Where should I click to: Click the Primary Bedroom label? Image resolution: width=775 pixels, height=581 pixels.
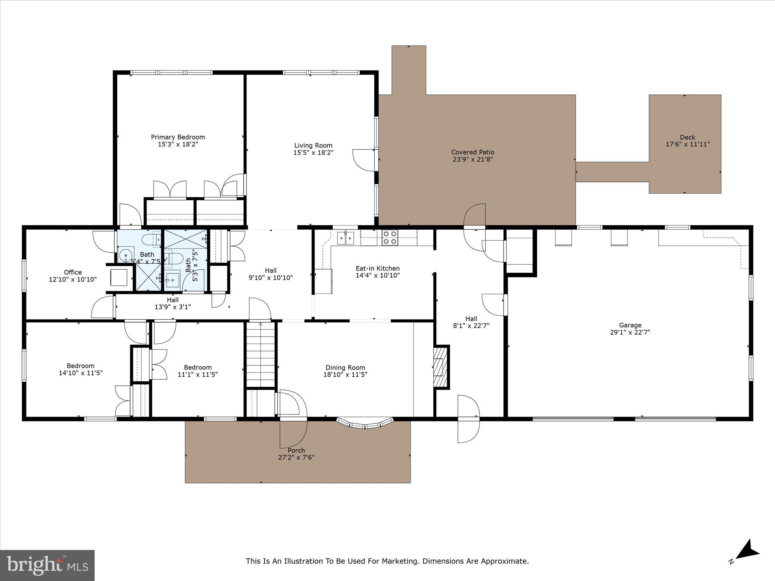coord(178,137)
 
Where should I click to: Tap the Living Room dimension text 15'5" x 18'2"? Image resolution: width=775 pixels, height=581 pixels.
coord(313,152)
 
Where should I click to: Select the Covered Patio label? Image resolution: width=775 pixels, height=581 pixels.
coord(473,152)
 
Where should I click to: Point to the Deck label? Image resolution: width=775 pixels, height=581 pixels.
coord(687,137)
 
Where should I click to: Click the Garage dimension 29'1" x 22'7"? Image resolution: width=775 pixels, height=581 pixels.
coord(630,332)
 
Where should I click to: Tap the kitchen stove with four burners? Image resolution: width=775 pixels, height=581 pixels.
coord(390,237)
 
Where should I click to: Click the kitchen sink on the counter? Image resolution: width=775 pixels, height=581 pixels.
coord(345,238)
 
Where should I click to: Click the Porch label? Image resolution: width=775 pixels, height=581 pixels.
coord(296,450)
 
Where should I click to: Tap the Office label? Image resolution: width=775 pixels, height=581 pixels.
coord(73,272)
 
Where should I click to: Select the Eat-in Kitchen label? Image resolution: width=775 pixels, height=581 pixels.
coord(377,268)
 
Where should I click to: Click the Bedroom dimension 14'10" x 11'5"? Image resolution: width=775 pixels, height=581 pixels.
coord(80,373)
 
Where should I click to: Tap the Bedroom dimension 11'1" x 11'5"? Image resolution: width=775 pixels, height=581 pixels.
coord(198,374)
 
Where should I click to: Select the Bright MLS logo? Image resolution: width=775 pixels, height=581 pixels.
coord(47,565)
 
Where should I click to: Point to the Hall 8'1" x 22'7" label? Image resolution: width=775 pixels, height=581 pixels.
coord(471,322)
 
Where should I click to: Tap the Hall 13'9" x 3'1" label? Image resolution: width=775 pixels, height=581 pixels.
coord(173,303)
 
